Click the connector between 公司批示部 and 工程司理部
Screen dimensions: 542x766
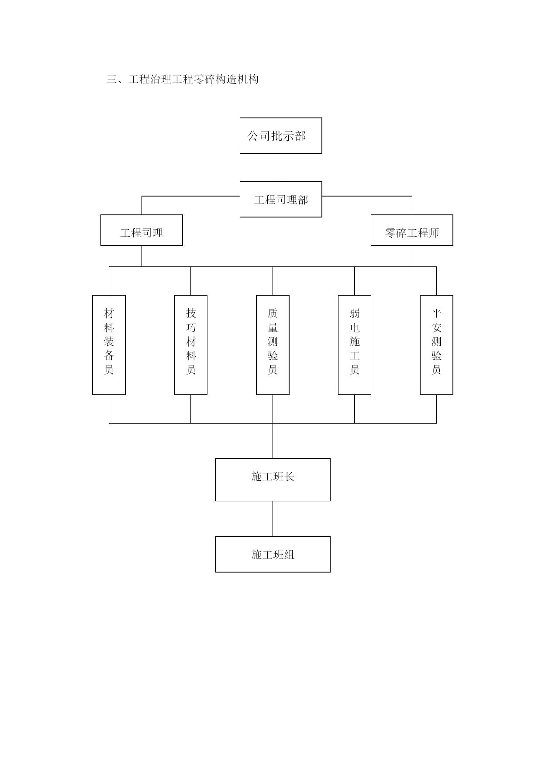(x=281, y=168)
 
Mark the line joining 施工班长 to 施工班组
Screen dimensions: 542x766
(x=273, y=519)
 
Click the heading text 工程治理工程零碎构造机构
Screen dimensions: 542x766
(x=193, y=79)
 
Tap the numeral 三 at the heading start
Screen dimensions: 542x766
(x=112, y=79)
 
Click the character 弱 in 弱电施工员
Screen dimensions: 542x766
(x=355, y=313)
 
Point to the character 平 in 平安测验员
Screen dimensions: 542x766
(x=436, y=313)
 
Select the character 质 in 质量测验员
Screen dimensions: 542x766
(x=273, y=313)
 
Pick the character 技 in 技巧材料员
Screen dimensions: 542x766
(x=191, y=313)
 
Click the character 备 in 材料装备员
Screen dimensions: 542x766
(x=109, y=355)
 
